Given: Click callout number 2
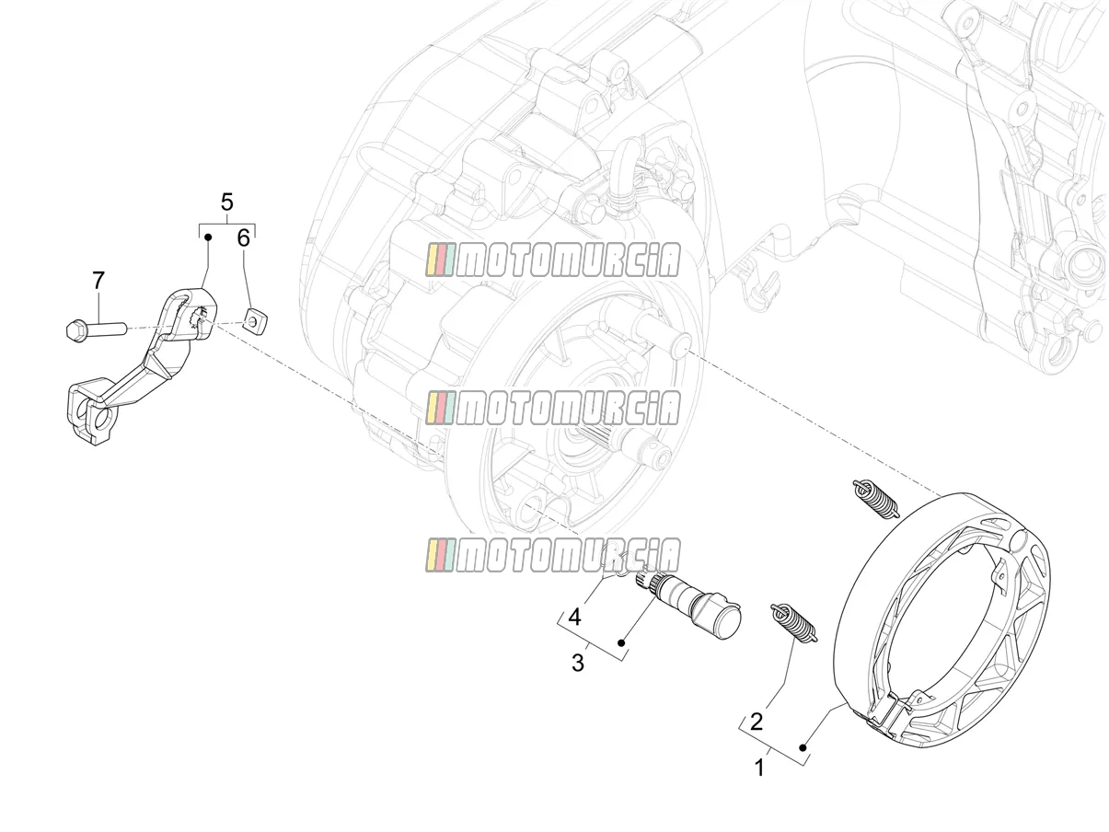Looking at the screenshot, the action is (756, 722).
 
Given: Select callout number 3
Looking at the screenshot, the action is (577, 663).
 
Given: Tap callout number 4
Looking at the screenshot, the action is (574, 618).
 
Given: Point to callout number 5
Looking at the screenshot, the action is (226, 202).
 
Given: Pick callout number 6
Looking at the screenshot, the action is (244, 238).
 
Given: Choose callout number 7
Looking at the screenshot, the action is (98, 281).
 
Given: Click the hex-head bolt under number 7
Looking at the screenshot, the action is (96, 329).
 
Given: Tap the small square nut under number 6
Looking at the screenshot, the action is (256, 320).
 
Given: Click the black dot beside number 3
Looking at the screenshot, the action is (621, 642).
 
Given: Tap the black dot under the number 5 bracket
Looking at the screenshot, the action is (208, 236).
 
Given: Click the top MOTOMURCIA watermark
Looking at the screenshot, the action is (553, 260).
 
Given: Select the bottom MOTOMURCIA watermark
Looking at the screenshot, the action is (553, 555).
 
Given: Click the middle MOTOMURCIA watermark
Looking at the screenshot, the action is (553, 407).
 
